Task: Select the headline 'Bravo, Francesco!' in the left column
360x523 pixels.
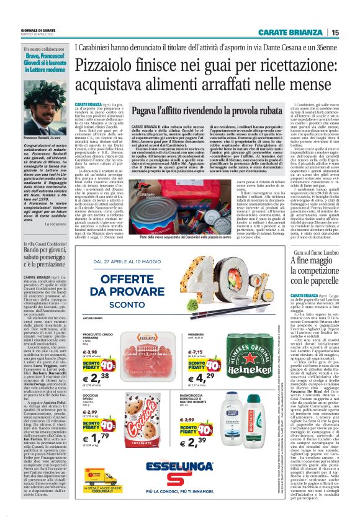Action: click(43, 62)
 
